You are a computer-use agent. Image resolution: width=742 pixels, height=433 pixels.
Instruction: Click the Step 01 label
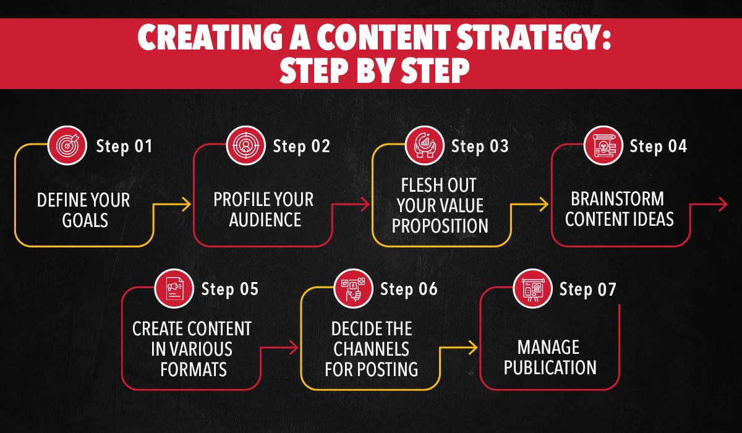[124, 147]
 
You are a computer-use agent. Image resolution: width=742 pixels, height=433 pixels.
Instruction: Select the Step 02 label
[301, 147]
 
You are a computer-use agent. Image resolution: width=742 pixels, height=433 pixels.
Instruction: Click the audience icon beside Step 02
[244, 146]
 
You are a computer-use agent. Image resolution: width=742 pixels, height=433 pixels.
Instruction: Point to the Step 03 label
[480, 147]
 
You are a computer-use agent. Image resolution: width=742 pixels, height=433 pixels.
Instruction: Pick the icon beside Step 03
[423, 146]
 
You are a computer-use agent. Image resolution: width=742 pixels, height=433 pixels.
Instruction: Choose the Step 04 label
[658, 147]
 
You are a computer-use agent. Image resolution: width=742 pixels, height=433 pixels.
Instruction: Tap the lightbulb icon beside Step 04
[602, 146]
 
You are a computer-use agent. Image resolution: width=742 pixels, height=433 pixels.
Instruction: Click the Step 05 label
[229, 289]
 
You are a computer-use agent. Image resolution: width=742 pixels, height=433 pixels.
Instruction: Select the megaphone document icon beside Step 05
[173, 289]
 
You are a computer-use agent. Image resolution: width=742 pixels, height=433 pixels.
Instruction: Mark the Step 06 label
[408, 289]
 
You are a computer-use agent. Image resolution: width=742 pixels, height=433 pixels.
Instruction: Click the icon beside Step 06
[352, 289]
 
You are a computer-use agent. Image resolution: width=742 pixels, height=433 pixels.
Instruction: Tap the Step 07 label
[587, 289]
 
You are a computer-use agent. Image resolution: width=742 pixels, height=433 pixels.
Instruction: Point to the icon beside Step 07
[532, 289]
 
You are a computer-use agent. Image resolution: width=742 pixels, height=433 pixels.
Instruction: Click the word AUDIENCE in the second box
[265, 220]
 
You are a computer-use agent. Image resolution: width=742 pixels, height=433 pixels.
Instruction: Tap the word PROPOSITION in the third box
[440, 226]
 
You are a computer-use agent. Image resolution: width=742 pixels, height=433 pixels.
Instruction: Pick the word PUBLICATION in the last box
[550, 367]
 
